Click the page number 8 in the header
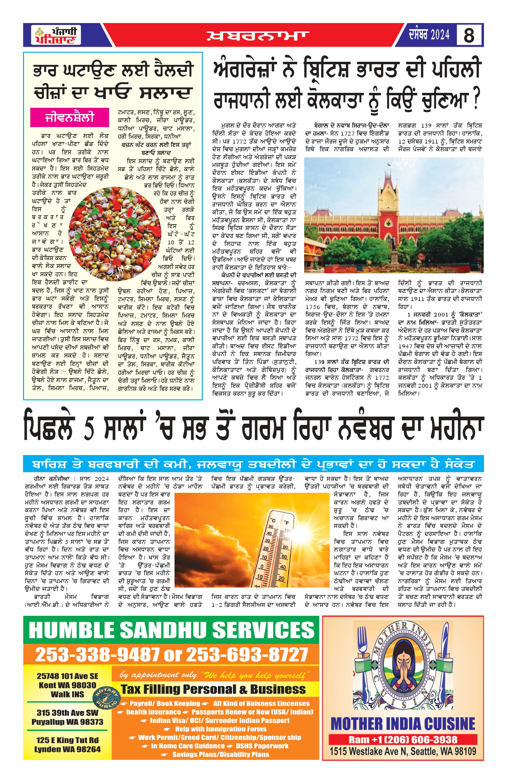(x=469, y=35)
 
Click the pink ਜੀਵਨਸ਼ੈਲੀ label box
(x=69, y=117)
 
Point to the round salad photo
(x=115, y=234)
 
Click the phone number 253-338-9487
(x=97, y=655)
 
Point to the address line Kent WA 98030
(x=68, y=685)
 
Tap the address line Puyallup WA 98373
(x=68, y=722)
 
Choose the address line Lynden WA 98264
(x=68, y=750)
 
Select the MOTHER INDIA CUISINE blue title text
(x=403, y=724)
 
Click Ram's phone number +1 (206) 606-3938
(x=403, y=740)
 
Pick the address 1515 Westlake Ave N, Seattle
(x=403, y=752)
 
